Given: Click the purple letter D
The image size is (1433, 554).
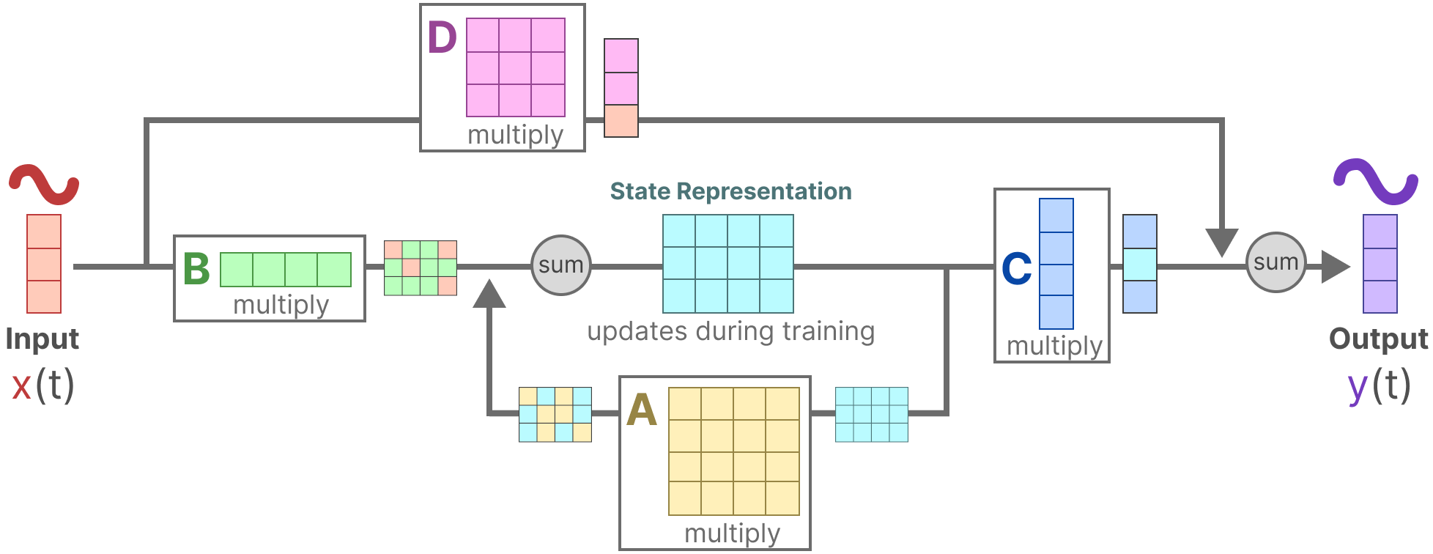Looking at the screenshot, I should coord(442,38).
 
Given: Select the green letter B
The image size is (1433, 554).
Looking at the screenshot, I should coord(196,269).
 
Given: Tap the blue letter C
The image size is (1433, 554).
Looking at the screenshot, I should coord(1016,269).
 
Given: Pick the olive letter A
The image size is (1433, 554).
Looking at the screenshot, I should coord(641,410).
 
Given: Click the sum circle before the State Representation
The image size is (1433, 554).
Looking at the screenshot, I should coord(560,265).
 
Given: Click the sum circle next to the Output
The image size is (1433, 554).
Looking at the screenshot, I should coord(1275,262).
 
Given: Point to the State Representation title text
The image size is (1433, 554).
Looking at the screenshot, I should coord(730,191).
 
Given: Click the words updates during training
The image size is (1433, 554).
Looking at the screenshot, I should coord(730,331).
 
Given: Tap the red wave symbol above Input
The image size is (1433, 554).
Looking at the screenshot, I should coord(43,185).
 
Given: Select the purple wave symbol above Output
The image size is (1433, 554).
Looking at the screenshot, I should coord(1375,181).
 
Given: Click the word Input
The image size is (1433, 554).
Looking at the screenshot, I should coord(42,339).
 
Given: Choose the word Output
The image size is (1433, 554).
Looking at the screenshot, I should coord(1378,339).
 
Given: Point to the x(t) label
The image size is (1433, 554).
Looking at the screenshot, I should coord(43,385).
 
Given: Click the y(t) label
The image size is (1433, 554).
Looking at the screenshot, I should coord(1379,385).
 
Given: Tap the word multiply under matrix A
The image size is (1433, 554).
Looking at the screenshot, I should coord(732,533).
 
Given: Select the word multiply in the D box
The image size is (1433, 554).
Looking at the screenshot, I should coord(515,135).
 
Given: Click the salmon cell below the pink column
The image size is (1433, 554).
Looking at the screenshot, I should coord(621,121).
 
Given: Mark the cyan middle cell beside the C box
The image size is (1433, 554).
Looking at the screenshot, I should coord(1139,265).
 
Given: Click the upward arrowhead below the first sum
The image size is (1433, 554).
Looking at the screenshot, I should coord(489,295).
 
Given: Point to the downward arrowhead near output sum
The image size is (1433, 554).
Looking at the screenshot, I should coord(1221,242).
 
